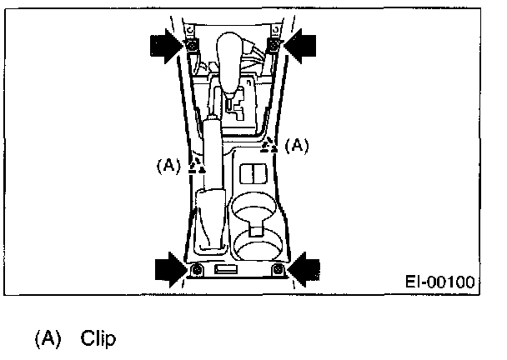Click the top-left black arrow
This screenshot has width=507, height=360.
(166, 46)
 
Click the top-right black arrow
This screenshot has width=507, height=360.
(301, 46)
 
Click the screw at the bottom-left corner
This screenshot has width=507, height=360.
(196, 272)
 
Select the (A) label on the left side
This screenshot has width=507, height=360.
(168, 165)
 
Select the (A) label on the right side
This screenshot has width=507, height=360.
(297, 145)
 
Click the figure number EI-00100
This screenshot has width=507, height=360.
(442, 282)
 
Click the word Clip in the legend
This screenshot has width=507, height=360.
(99, 339)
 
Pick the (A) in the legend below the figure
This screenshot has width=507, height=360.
(48, 339)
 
